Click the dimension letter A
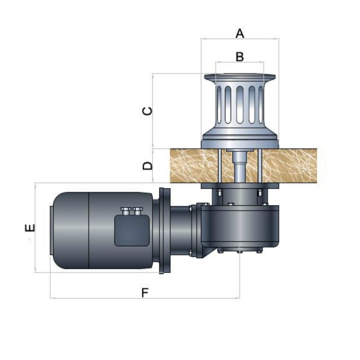point(240,33)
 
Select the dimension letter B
point(240,57)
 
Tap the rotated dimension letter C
point(147,111)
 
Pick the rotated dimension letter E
point(30,228)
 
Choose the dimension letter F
point(145,292)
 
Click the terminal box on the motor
point(132,230)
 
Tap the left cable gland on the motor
point(126,211)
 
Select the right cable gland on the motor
point(138,211)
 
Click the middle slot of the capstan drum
point(240,104)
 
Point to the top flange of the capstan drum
point(240,77)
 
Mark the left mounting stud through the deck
point(220,166)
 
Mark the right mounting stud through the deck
point(260,166)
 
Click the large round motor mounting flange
point(165,230)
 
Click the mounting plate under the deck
point(240,185)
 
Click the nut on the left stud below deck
point(219,192)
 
